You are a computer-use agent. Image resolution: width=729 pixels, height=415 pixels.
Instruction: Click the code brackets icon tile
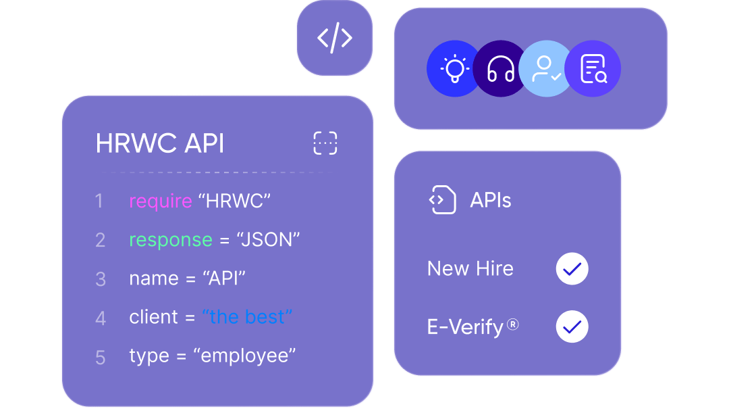point(335,38)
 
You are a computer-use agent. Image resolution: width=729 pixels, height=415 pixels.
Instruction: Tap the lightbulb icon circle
point(454,68)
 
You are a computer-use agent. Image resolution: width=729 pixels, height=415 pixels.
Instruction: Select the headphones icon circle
point(500,68)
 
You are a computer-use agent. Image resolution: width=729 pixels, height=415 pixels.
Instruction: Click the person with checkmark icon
point(546,68)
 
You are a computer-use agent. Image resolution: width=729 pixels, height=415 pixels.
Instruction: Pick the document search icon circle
point(593,68)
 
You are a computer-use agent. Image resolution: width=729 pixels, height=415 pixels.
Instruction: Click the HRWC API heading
point(160,143)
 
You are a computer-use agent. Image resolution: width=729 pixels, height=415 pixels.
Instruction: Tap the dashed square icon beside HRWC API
point(325,143)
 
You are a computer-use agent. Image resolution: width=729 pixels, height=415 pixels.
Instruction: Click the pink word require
point(161,201)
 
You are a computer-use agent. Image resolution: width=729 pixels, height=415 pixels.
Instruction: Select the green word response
point(171,241)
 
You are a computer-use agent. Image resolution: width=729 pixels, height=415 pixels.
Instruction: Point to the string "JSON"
point(268,239)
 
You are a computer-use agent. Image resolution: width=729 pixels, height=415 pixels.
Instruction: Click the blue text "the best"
point(247,317)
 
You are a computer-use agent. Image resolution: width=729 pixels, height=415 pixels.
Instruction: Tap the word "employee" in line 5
point(244,356)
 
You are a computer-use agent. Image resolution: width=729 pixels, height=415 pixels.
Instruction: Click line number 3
point(101,279)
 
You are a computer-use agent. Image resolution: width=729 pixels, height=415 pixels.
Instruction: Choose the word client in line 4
point(153,317)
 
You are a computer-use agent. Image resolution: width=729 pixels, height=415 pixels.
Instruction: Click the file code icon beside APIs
point(442,200)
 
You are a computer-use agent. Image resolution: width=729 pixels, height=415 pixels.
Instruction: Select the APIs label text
point(491,200)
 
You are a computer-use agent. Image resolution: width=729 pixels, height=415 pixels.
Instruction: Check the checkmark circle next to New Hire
point(572,269)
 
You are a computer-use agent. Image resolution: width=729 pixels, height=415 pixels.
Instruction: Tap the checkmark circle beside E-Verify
point(572,326)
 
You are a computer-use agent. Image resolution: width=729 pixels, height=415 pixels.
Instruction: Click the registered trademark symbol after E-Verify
point(512,324)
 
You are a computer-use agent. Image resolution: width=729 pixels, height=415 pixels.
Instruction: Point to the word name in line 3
point(154,279)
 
